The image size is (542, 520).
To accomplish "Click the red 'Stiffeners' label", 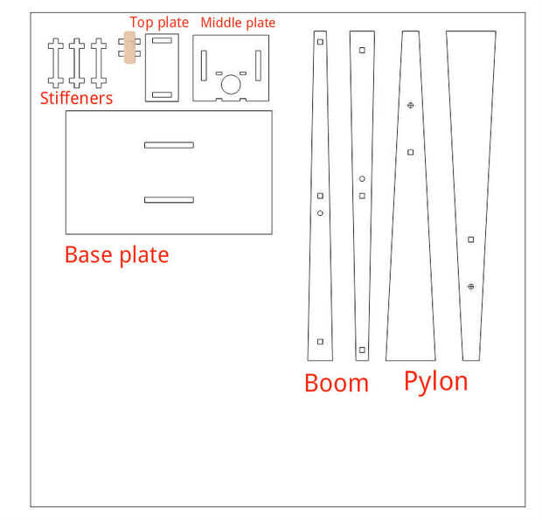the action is pyautogui.click(x=76, y=98).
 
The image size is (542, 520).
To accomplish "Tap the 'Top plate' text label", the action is pyautogui.click(x=159, y=23).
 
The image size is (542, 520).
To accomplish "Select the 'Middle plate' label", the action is pyautogui.click(x=238, y=23).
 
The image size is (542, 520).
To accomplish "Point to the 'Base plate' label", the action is pyautogui.click(x=116, y=255).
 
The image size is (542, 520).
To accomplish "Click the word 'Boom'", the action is pyautogui.click(x=337, y=383).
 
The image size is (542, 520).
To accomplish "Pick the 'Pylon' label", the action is pyautogui.click(x=435, y=381).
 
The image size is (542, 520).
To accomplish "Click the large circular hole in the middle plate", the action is pyautogui.click(x=231, y=84).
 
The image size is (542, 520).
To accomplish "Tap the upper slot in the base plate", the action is pyautogui.click(x=169, y=144).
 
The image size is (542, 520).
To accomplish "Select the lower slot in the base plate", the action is pyautogui.click(x=169, y=200).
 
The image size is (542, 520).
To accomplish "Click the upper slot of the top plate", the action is pyautogui.click(x=163, y=41).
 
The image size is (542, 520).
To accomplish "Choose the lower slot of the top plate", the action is pyautogui.click(x=163, y=94).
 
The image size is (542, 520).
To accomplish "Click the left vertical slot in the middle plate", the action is pyautogui.click(x=204, y=66).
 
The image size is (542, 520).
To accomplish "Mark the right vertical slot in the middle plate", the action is pyautogui.click(x=258, y=66).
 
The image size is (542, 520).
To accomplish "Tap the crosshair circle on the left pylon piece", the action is pyautogui.click(x=410, y=106).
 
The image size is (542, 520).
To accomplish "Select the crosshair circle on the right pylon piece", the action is pyautogui.click(x=471, y=287).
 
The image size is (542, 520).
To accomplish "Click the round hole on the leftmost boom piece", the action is pyautogui.click(x=320, y=213).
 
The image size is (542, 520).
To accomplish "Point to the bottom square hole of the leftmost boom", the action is pyautogui.click(x=320, y=341).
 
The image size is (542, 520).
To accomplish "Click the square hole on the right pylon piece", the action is pyautogui.click(x=471, y=239).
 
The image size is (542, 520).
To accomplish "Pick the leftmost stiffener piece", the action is pyautogui.click(x=55, y=62).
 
